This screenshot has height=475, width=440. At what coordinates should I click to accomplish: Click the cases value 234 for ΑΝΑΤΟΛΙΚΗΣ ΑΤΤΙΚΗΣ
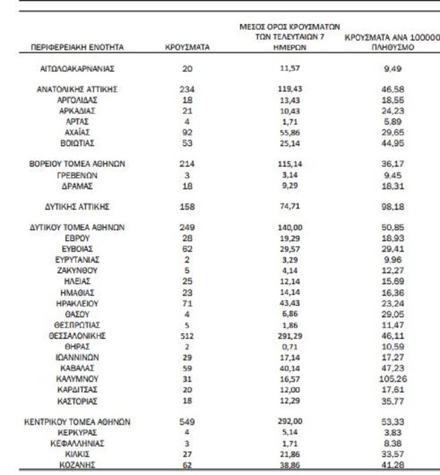point(187,89)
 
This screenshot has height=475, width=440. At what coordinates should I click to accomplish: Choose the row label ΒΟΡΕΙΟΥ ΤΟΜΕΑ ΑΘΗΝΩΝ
point(77,164)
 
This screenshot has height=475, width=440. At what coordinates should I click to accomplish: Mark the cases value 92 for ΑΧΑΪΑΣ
point(187,132)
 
